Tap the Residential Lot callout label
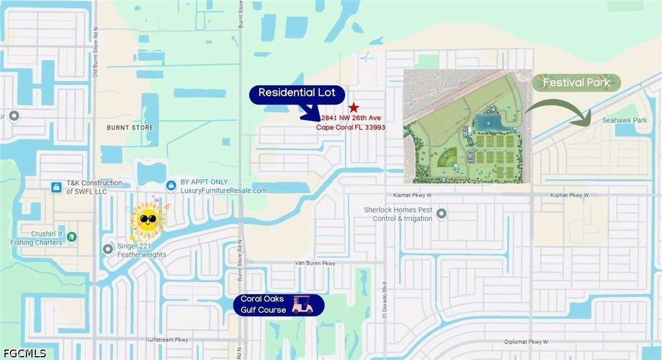click(x=297, y=93)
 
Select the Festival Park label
click(x=576, y=83)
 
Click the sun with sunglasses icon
click(x=148, y=220)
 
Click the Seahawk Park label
click(x=624, y=120)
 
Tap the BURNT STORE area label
click(x=130, y=128)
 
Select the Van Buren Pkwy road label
click(x=315, y=264)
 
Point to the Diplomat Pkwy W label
click(x=526, y=342)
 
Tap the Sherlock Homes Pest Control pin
click(x=442, y=213)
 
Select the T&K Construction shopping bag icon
click(x=56, y=188)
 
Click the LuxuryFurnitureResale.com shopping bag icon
click(x=172, y=186)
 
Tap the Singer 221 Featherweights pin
click(x=108, y=249)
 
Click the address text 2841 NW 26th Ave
click(x=351, y=118)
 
